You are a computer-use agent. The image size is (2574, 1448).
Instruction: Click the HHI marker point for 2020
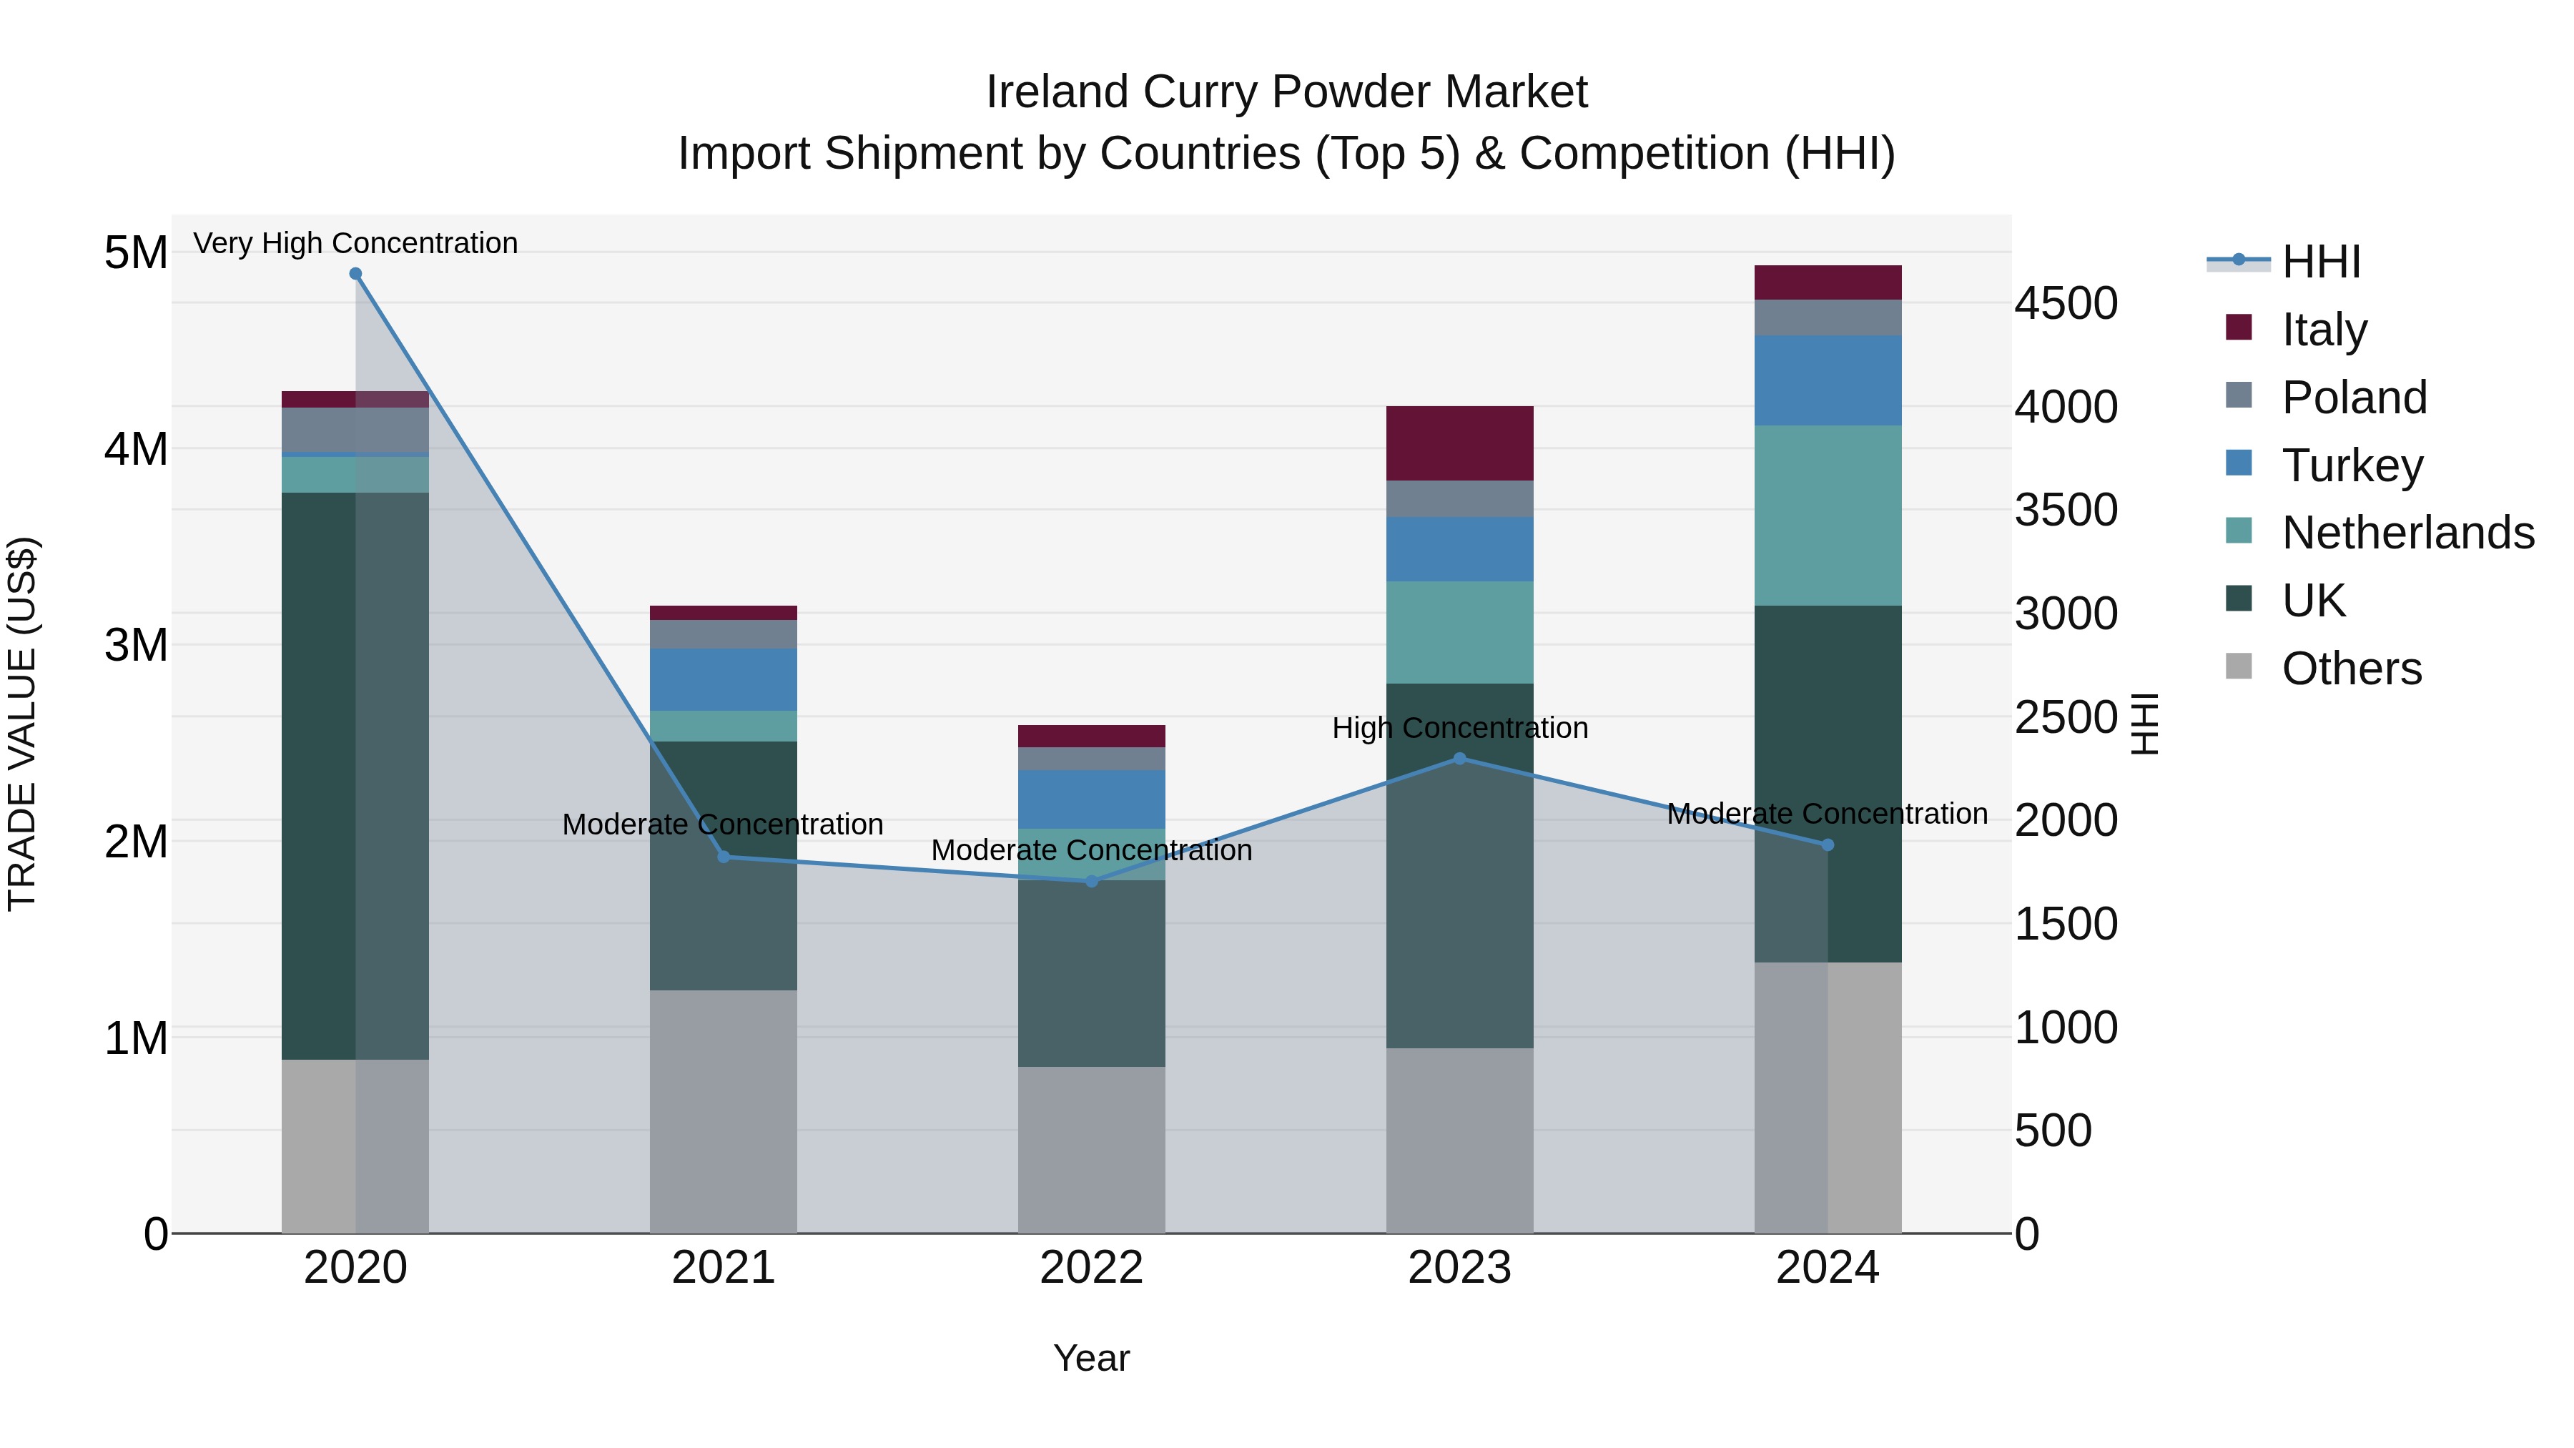point(356,274)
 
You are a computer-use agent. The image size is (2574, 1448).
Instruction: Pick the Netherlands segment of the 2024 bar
point(1828,516)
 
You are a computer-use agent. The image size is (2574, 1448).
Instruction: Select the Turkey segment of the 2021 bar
point(724,679)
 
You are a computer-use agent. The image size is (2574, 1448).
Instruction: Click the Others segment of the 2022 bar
point(1091,1149)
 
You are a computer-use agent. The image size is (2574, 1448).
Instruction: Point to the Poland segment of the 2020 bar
point(356,430)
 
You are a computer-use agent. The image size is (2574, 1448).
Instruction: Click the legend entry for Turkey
point(2352,466)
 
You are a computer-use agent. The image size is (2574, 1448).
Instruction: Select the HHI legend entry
point(2320,262)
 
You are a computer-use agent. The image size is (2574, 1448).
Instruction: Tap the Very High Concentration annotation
point(356,243)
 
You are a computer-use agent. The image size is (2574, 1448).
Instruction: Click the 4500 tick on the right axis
point(2064,304)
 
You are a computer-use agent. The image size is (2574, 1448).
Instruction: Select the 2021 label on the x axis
point(724,1268)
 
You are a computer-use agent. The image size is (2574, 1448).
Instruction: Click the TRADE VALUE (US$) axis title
point(22,724)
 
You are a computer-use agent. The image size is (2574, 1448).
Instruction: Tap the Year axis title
point(1091,1358)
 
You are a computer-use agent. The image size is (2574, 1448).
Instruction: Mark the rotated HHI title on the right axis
point(2144,724)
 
